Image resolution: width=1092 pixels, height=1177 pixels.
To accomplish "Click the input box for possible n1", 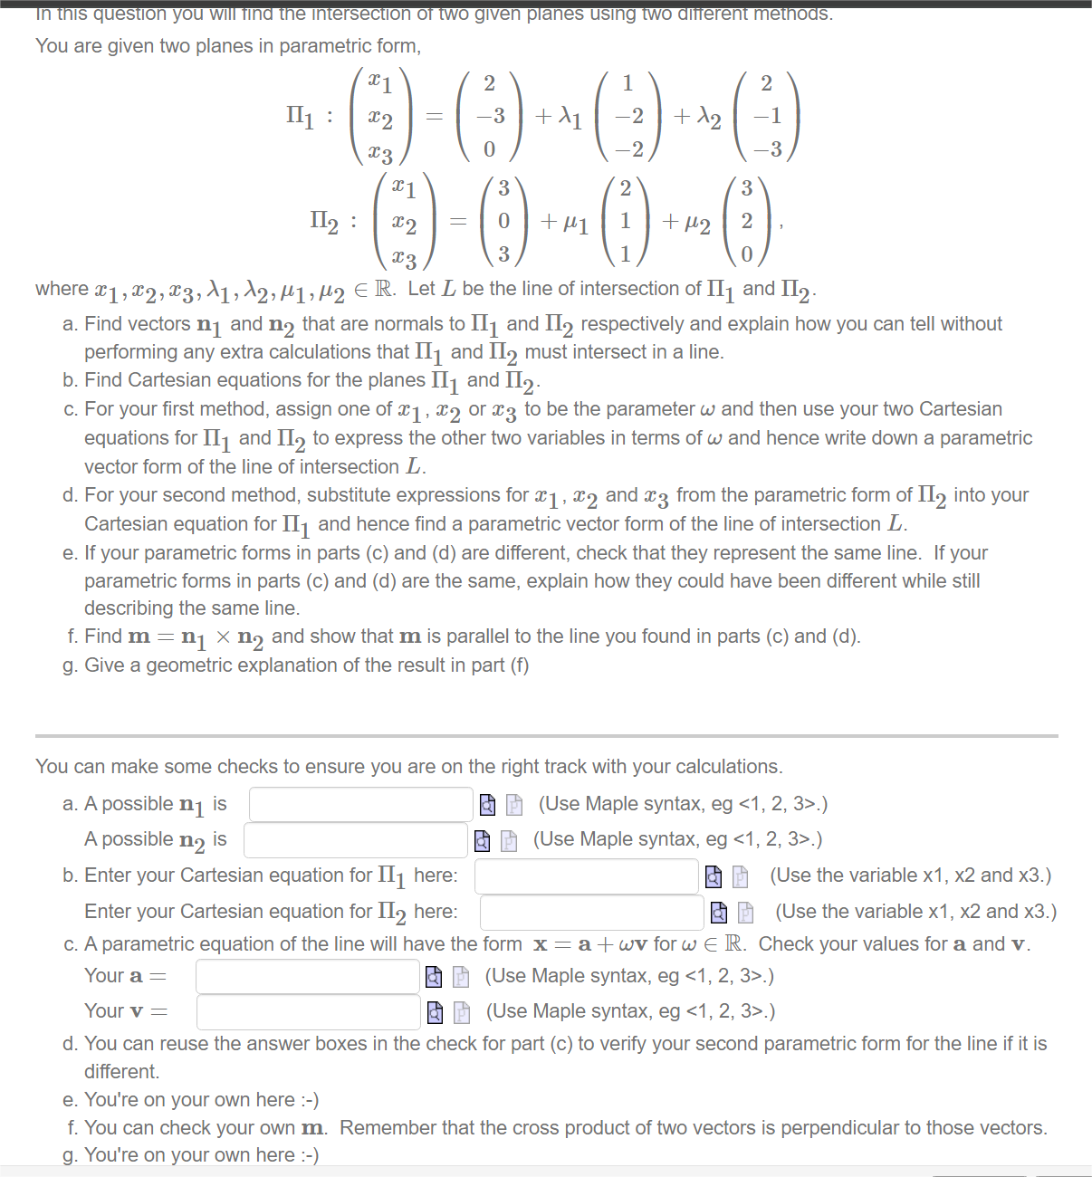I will pyautogui.click(x=360, y=804).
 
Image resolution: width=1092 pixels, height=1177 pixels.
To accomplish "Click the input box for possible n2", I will pyautogui.click(x=355, y=839).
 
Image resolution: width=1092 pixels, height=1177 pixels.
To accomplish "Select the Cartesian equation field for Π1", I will pyautogui.click(x=586, y=876).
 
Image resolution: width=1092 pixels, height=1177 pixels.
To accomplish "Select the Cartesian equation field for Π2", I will pyautogui.click(x=591, y=912).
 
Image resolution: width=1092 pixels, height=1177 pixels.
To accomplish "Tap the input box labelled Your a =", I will pyautogui.click(x=307, y=976).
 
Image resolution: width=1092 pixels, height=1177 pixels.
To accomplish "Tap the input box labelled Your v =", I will pyautogui.click(x=308, y=1011).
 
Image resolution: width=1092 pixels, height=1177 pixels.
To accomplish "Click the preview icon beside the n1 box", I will pyautogui.click(x=487, y=804).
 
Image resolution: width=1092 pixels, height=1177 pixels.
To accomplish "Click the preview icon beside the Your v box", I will pyautogui.click(x=435, y=1011).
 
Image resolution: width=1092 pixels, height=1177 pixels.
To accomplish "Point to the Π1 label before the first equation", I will pyautogui.click(x=300, y=116).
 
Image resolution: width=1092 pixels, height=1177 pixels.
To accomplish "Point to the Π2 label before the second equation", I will pyautogui.click(x=323, y=221).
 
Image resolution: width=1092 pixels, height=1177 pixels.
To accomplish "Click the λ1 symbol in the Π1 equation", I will pyautogui.click(x=570, y=117).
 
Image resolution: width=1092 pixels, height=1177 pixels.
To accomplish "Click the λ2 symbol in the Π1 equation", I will pyautogui.click(x=709, y=118).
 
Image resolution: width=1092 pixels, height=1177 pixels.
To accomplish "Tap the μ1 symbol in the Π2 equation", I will pyautogui.click(x=576, y=223).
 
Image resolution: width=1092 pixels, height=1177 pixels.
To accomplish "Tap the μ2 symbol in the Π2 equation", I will pyautogui.click(x=697, y=223).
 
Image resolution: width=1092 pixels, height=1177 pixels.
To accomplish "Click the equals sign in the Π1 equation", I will pyautogui.click(x=435, y=117).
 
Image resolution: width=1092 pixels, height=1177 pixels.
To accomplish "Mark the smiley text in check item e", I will pyautogui.click(x=309, y=1100).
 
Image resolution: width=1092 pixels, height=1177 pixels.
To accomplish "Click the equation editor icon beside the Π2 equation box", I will pyautogui.click(x=745, y=912).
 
